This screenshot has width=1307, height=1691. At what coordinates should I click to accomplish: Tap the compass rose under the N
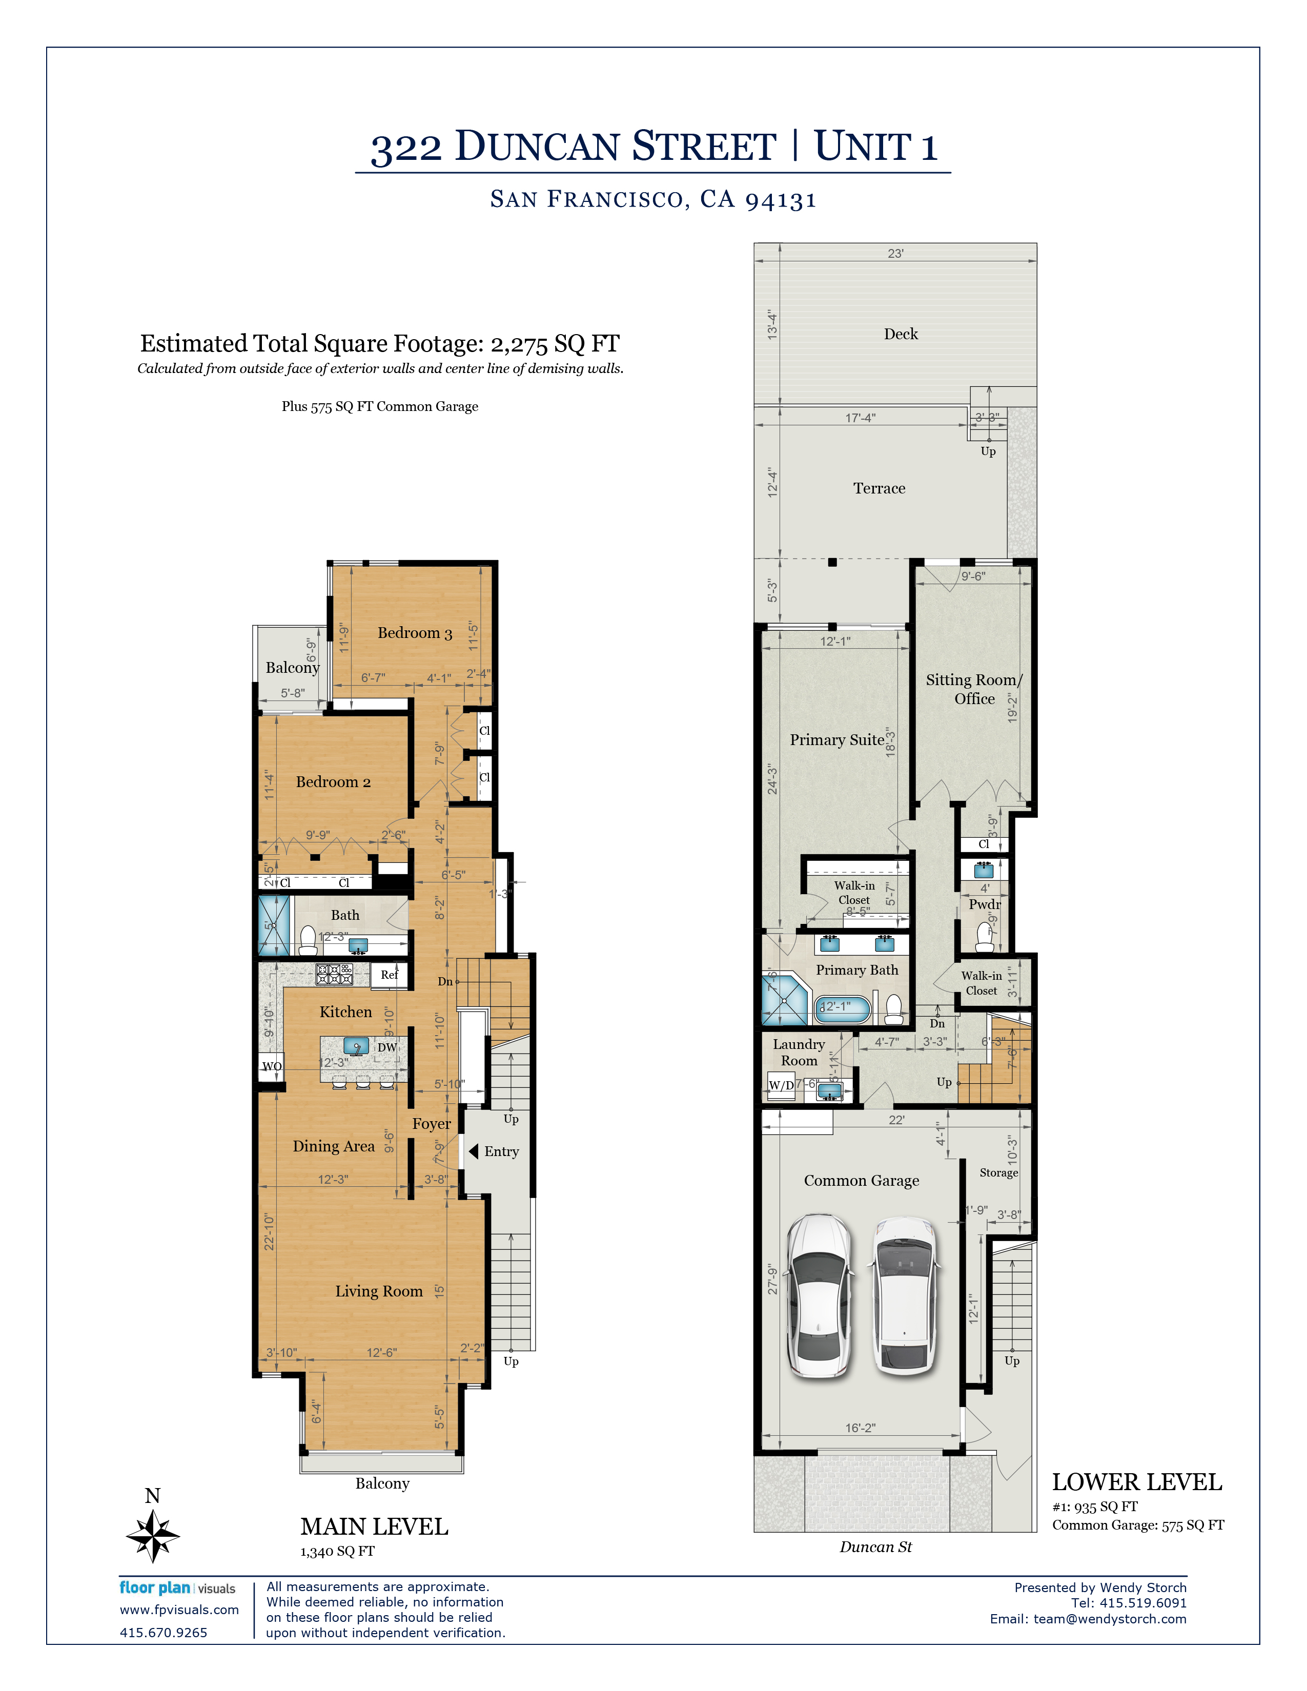pyautogui.click(x=153, y=1535)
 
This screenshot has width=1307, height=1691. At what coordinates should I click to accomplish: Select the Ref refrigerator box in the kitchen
pyautogui.click(x=389, y=975)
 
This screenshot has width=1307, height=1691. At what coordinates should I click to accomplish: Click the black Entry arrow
pyautogui.click(x=473, y=1151)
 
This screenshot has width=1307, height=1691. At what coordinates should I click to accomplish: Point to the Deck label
pyautogui.click(x=901, y=334)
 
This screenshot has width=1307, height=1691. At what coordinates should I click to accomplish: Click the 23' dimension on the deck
pyautogui.click(x=895, y=253)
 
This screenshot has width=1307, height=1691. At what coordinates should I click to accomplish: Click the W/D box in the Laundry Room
pyautogui.click(x=781, y=1085)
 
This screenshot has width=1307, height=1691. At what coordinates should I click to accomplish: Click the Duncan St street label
pyautogui.click(x=876, y=1547)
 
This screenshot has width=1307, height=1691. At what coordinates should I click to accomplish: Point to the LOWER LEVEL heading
pyautogui.click(x=1137, y=1482)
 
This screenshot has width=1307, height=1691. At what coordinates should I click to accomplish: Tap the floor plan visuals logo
pyautogui.click(x=177, y=1588)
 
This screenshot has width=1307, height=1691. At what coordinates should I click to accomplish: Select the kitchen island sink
pyautogui.click(x=356, y=1046)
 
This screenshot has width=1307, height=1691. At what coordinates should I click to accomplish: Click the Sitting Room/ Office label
pyautogui.click(x=974, y=689)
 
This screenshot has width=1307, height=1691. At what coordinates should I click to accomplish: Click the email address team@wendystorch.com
pyautogui.click(x=1110, y=1619)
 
